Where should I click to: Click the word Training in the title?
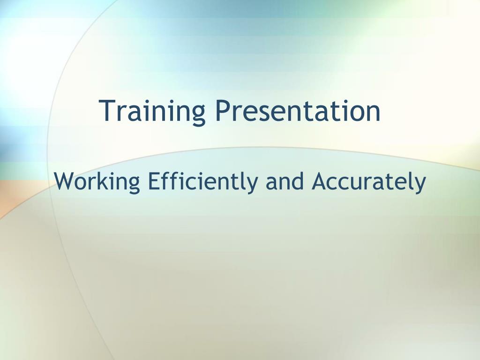point(152,112)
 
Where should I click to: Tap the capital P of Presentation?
point(223,111)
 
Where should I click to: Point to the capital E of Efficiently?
point(154,181)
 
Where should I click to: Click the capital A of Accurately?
point(320,181)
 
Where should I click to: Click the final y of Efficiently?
point(251,185)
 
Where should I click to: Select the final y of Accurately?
point(420,185)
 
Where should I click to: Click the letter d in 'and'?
point(298,181)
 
